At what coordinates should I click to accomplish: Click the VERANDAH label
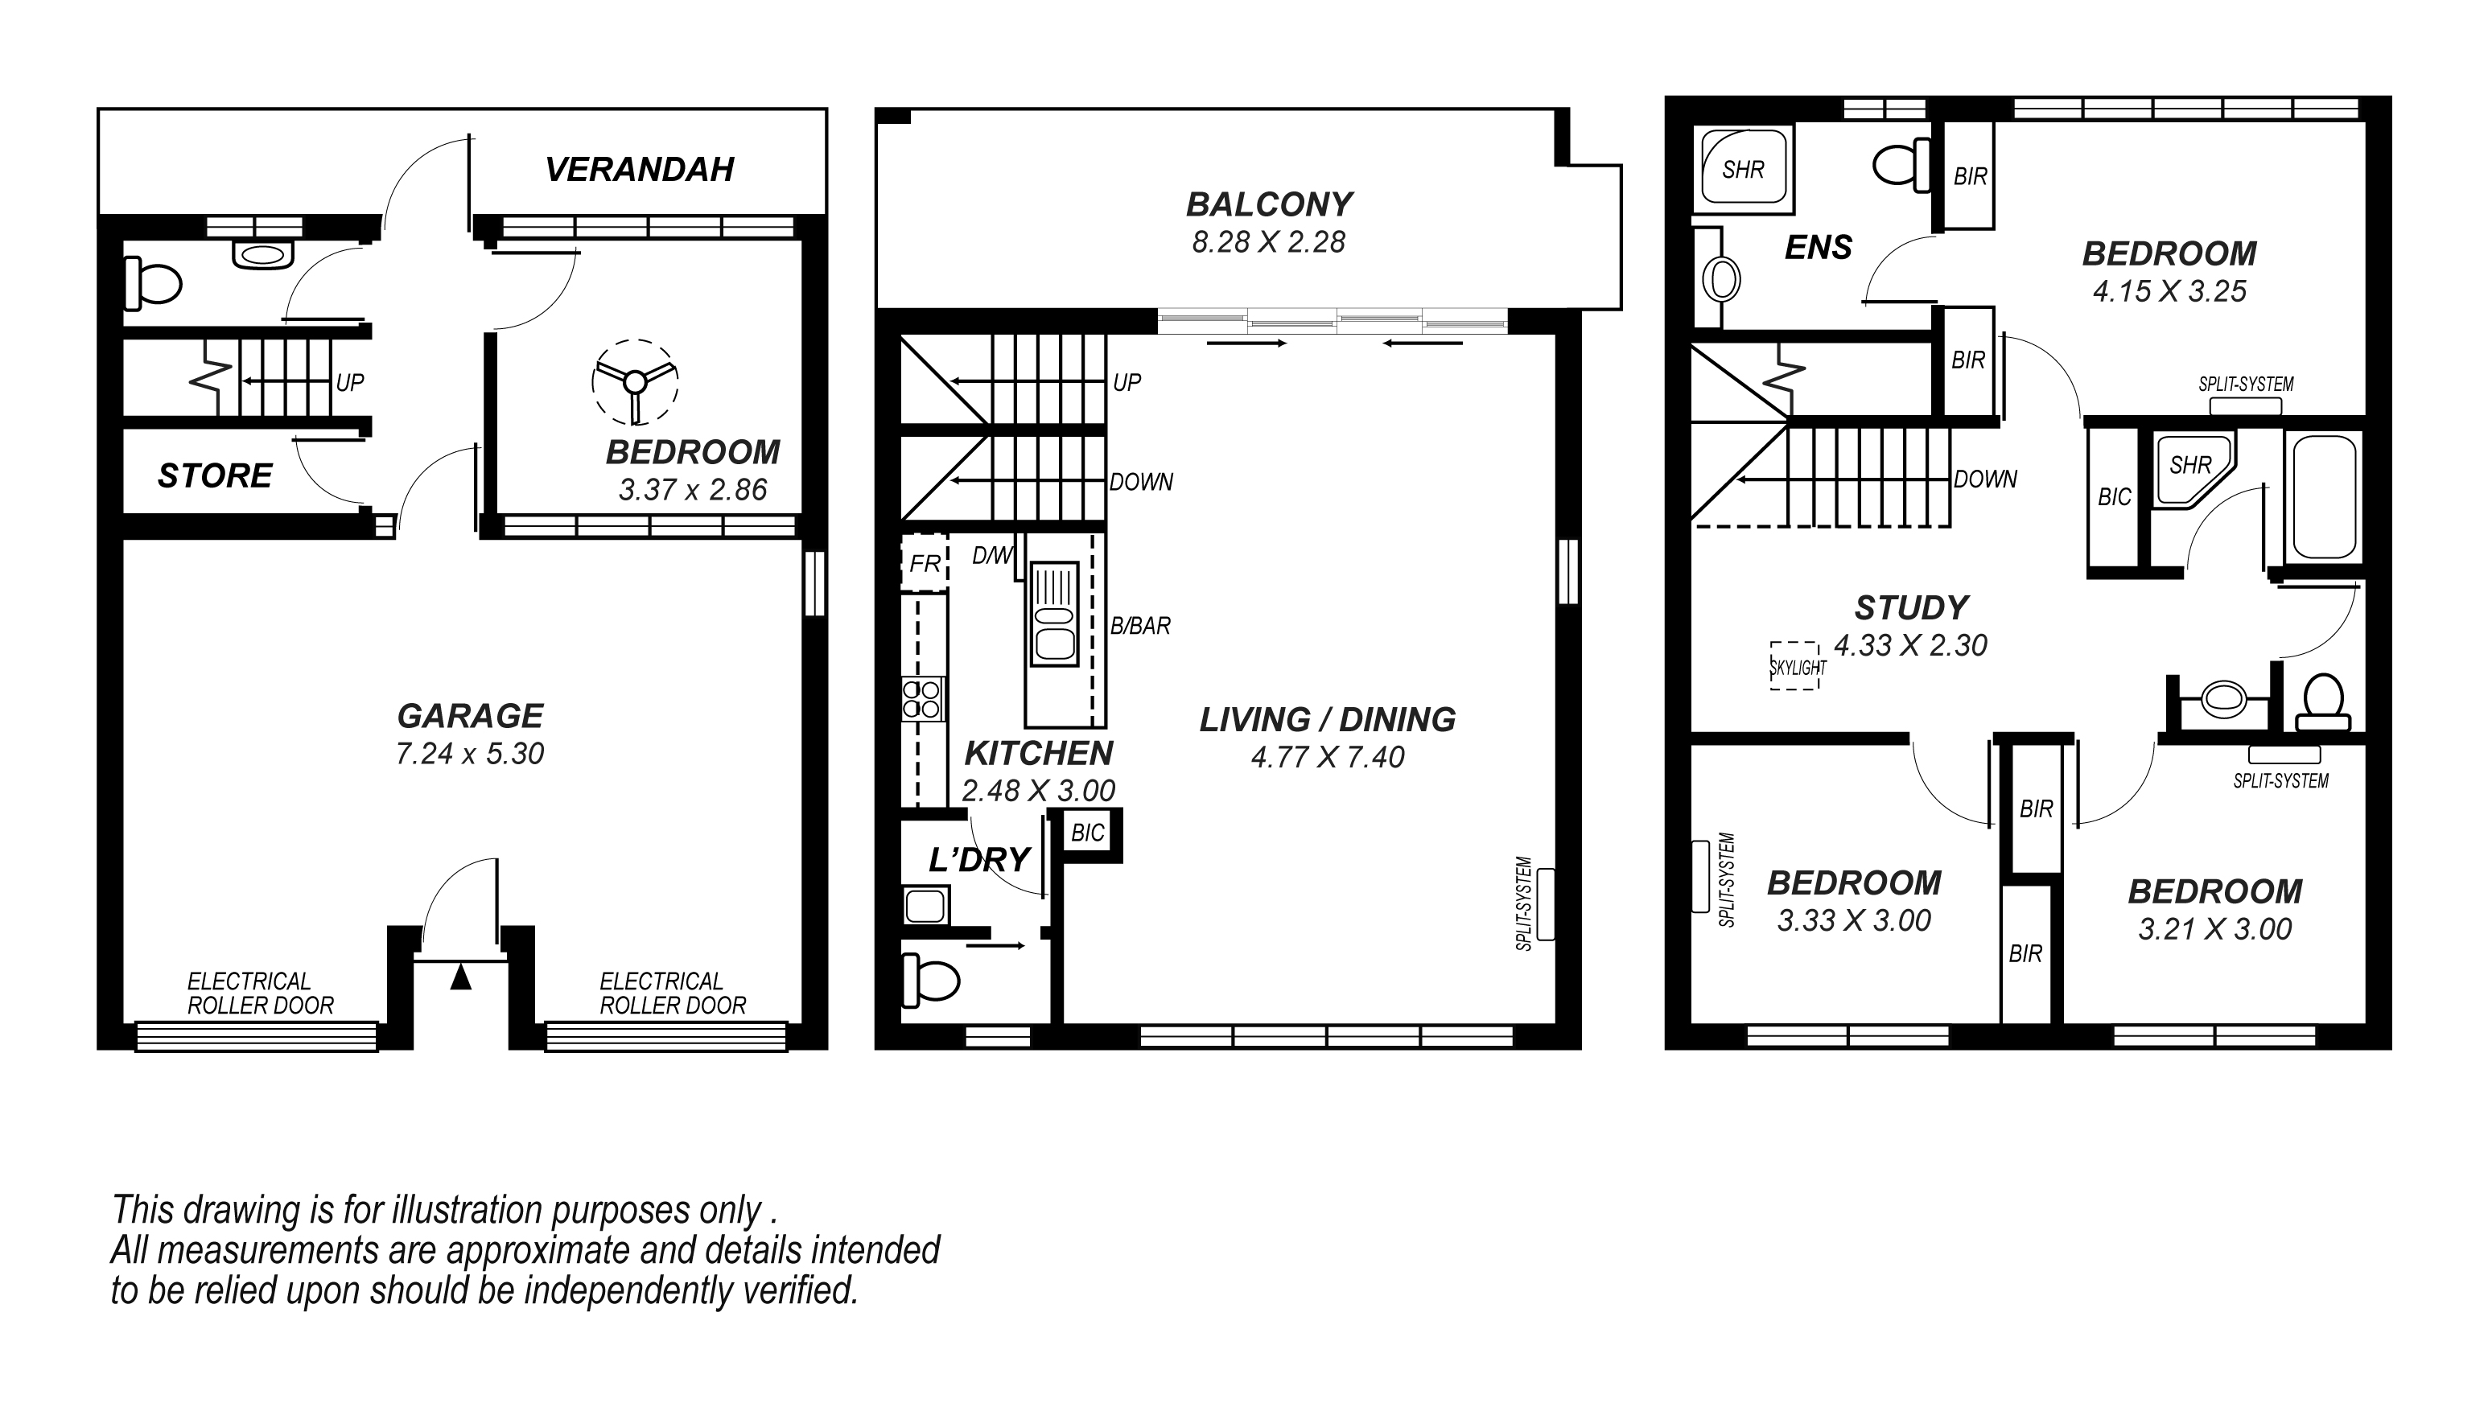coord(640,170)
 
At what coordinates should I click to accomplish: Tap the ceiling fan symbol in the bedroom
coord(635,382)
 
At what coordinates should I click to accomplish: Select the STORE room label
coord(215,475)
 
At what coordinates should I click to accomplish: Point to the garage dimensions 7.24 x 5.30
coord(470,753)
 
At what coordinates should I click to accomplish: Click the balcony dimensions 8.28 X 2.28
coord(1269,241)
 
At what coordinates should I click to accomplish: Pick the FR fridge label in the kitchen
coord(925,563)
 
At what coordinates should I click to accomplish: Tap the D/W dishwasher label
coord(992,555)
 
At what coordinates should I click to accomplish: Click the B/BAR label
coord(1140,626)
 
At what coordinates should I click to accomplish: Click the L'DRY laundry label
coord(979,860)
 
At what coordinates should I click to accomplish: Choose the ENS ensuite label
coord(1819,248)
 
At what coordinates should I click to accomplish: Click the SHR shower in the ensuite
coord(1743,169)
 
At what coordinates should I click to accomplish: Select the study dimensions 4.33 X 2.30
coord(1910,644)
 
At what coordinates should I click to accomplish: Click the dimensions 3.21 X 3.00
coord(2214,928)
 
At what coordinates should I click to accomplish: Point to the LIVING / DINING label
coord(1327,719)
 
